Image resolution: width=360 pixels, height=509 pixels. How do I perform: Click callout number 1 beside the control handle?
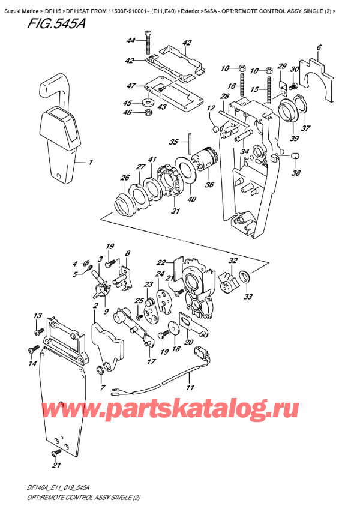point(91,162)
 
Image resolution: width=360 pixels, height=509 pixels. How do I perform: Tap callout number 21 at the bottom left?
point(57,466)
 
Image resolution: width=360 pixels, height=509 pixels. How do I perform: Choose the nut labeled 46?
point(146,113)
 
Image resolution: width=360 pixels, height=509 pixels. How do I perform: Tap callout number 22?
point(161,262)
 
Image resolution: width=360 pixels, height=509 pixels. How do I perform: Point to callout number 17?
point(151,361)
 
